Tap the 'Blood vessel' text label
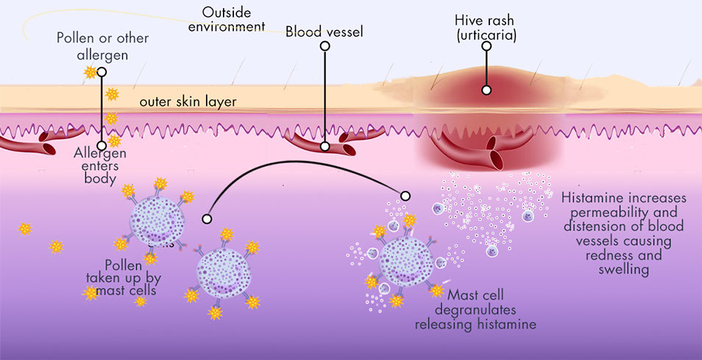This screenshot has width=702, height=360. coord(325,32)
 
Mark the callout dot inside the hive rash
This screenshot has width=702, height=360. coord(486,90)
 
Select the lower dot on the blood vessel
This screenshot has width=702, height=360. coord(325,147)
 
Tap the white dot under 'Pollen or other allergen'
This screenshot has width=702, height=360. coord(102,72)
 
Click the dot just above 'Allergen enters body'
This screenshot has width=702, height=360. coord(102,146)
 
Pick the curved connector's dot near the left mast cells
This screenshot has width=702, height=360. coord(207,219)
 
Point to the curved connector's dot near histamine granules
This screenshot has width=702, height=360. coord(405,195)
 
